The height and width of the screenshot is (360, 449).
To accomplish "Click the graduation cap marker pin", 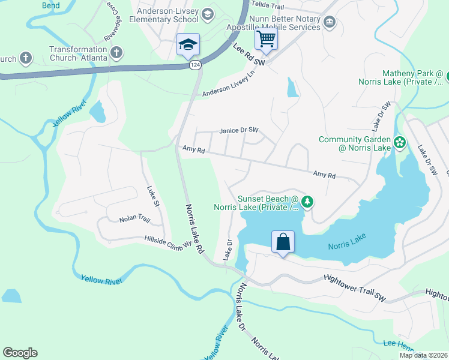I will pyautogui.click(x=188, y=44).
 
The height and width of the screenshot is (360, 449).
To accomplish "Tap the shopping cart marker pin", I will pyautogui.click(x=266, y=39).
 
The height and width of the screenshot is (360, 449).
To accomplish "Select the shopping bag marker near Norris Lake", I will pyautogui.click(x=283, y=242).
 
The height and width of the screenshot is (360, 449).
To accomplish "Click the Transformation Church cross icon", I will pyautogui.click(x=116, y=53).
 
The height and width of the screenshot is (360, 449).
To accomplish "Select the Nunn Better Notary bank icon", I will pyautogui.click(x=329, y=23).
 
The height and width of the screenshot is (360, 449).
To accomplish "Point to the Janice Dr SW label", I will pyautogui.click(x=238, y=130).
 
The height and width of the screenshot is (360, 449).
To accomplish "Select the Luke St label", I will pyautogui.click(x=153, y=196).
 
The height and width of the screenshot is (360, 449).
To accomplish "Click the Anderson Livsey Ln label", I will pyautogui.click(x=229, y=83).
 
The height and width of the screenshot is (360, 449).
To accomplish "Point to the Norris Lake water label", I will pyautogui.click(x=347, y=241).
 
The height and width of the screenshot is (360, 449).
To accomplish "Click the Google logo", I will pyautogui.click(x=20, y=353).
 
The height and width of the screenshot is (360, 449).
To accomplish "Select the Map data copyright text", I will pyautogui.click(x=423, y=355).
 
